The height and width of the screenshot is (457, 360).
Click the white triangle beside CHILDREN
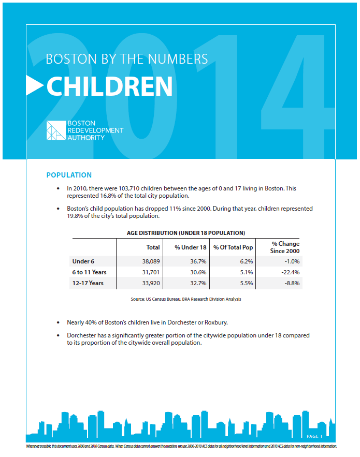coord(34,86)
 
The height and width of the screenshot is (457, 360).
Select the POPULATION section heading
coord(69,175)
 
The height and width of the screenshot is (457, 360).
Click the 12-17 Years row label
coord(88,283)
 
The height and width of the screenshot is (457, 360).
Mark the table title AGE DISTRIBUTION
coord(186,233)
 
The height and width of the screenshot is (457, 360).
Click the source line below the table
coord(186,299)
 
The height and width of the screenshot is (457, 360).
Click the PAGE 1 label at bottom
coord(314,436)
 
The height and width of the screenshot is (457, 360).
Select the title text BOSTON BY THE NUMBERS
coord(127,58)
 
